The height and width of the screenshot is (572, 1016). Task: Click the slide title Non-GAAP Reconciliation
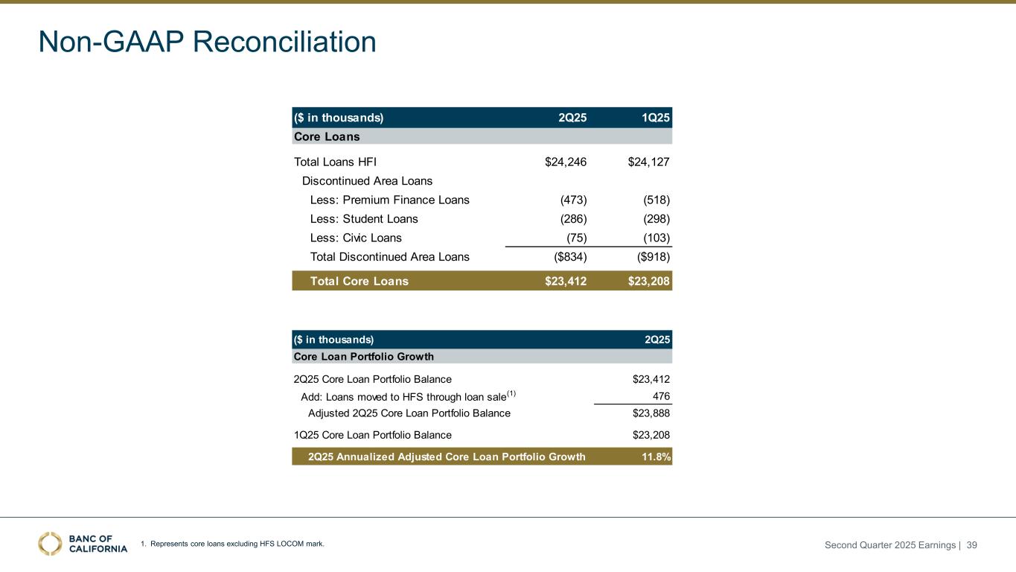[x=208, y=42]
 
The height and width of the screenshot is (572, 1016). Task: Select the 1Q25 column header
[x=656, y=118]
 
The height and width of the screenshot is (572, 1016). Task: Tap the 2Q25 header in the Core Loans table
[x=572, y=118]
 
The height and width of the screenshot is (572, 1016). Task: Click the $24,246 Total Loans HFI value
[x=566, y=162]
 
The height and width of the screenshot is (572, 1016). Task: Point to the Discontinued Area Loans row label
[x=367, y=181]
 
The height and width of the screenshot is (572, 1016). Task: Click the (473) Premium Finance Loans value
[x=573, y=200]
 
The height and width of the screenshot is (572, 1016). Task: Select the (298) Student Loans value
[x=656, y=219]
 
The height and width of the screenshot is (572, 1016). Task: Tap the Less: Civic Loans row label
[x=356, y=238]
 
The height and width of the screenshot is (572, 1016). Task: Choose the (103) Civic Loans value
[x=656, y=238]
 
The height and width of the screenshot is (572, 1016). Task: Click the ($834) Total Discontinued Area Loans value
[x=567, y=257]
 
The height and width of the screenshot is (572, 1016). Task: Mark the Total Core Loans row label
[x=359, y=281]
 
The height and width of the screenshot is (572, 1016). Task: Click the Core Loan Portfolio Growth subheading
[x=364, y=357]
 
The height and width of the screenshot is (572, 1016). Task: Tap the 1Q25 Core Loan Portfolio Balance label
[x=372, y=435]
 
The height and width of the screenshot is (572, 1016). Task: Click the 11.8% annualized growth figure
[x=656, y=457]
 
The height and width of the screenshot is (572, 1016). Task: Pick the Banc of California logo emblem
[x=50, y=544]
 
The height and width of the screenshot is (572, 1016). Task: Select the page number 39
[x=971, y=545]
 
